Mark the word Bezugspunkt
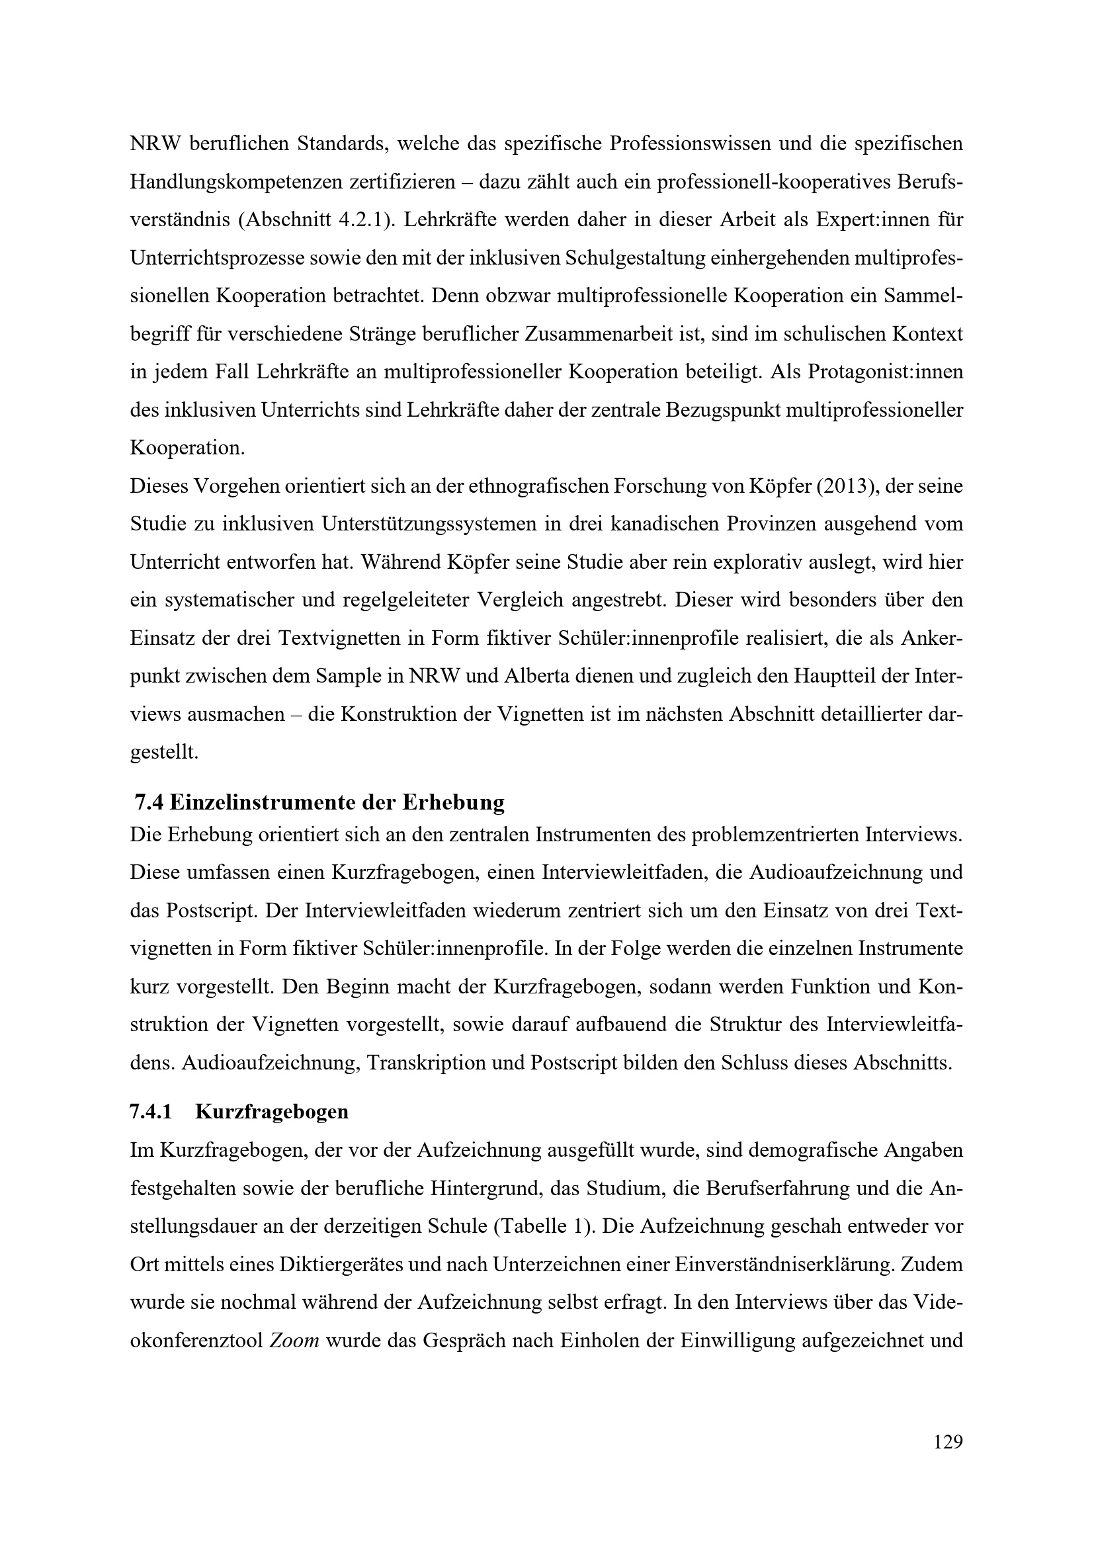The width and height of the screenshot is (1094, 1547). coord(736,410)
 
